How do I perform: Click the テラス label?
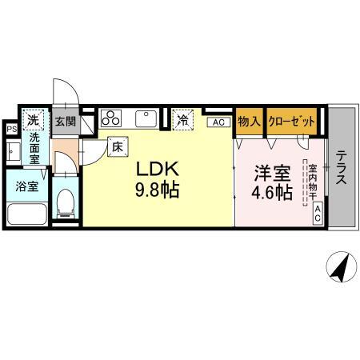click(341, 168)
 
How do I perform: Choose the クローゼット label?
click(291, 121)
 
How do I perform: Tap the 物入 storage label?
click(249, 121)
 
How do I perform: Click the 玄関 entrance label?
click(66, 122)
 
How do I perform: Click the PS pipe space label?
click(11, 128)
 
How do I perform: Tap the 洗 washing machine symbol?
click(33, 119)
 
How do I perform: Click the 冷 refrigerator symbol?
click(183, 121)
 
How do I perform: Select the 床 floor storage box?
click(117, 147)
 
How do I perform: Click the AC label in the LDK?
click(218, 122)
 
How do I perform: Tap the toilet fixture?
click(66, 203)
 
